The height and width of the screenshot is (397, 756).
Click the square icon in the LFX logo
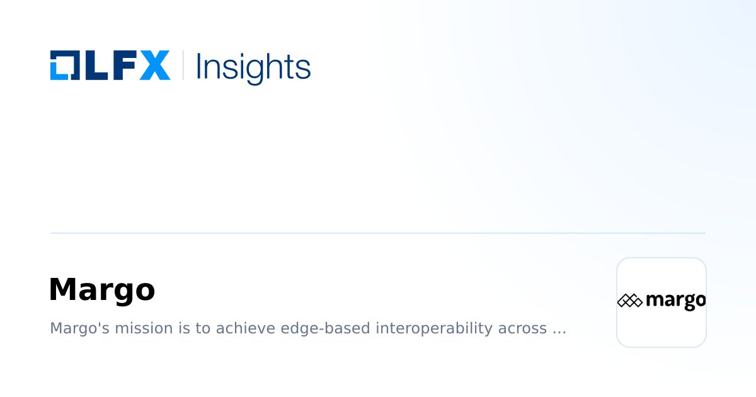coord(65,66)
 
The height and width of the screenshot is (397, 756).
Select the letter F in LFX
coord(123,66)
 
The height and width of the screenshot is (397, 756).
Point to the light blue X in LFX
coord(154,66)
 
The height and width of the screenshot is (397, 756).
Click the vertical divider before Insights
coord(183,66)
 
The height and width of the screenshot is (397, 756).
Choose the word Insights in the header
coord(253,66)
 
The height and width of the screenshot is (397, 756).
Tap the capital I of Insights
coord(199,66)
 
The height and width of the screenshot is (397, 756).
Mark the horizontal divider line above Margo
coord(378,233)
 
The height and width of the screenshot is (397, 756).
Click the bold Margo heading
coord(102,290)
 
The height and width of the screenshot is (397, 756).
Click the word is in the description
coord(180,328)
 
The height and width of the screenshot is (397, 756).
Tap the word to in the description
coord(202,328)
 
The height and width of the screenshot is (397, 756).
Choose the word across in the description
coord(522,328)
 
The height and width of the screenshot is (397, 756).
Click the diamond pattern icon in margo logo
coord(629,301)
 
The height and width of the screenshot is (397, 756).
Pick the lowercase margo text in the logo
coord(675,301)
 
